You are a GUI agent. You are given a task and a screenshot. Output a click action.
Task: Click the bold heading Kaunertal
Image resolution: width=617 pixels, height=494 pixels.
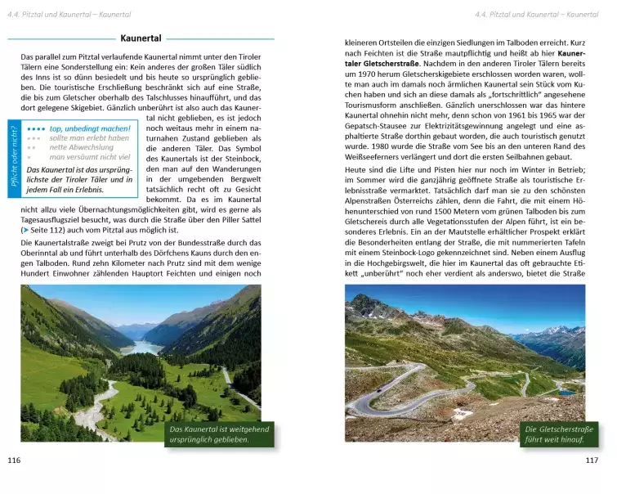coord(141,38)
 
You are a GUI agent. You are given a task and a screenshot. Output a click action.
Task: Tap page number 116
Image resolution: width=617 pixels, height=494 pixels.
coord(13,460)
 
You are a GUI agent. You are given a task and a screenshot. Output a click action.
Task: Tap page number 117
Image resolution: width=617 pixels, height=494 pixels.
coord(592,460)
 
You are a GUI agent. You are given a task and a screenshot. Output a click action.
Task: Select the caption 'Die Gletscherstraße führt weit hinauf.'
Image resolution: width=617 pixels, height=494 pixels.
coord(557,434)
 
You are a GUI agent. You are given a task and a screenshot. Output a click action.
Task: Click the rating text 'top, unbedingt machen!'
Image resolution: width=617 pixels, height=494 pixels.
coord(89,128)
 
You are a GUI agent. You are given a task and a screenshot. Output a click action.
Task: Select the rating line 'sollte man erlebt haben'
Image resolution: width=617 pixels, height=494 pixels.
coord(89,137)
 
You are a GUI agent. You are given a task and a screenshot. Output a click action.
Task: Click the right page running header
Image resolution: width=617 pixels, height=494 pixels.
coord(536,14)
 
